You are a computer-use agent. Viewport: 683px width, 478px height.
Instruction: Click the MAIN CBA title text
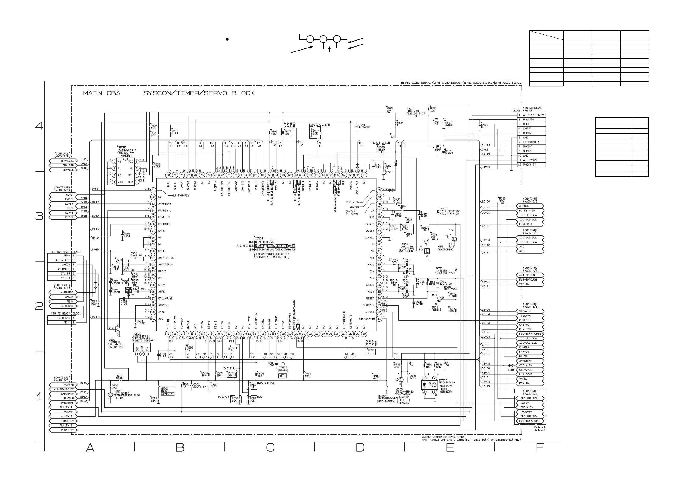pos(102,93)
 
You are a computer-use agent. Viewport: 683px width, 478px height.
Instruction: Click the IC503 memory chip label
pos(123,147)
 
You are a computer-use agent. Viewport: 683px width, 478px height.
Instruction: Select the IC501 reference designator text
pos(259,238)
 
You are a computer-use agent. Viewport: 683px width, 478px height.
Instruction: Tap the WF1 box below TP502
pos(283,376)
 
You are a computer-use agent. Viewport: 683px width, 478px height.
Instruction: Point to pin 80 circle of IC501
pos(168,175)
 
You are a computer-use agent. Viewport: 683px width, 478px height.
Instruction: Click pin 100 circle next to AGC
pos(153,319)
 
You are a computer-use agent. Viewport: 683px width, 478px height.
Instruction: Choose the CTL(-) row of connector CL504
pos(62,278)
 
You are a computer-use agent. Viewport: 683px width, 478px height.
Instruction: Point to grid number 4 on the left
pos(39,126)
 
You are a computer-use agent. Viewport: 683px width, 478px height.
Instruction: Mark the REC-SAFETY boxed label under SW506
pos(386,402)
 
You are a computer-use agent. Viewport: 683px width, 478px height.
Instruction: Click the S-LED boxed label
pos(120,398)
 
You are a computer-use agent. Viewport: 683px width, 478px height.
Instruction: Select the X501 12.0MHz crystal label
pos(405,268)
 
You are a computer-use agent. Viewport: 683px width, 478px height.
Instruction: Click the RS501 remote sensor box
pos(142,347)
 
